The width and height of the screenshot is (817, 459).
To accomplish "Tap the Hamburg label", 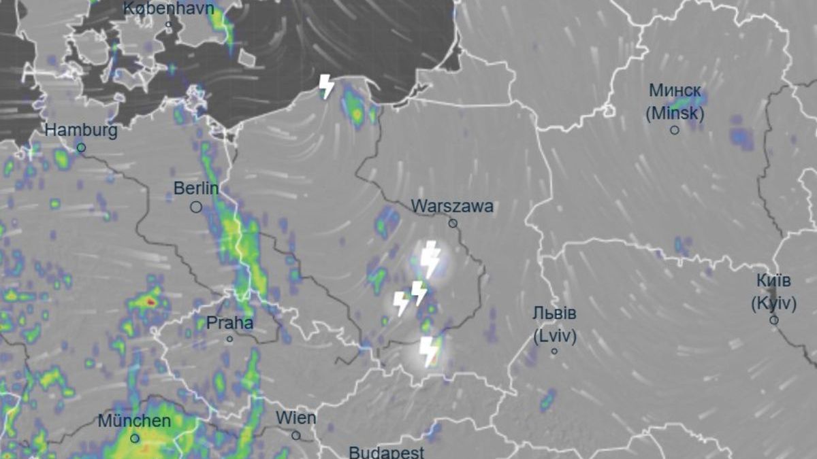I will (81, 130).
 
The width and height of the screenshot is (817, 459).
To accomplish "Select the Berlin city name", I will (196, 188).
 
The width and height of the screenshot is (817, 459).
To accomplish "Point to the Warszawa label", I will (452, 206).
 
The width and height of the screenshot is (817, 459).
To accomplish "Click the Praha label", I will (229, 322).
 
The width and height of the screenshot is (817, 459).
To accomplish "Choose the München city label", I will (134, 421).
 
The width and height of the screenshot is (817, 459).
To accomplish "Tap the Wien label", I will (296, 418).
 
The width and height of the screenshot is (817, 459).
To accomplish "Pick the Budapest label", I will (386, 452).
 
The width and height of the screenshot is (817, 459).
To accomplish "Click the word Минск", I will (675, 90).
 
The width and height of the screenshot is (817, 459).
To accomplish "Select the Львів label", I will (554, 314).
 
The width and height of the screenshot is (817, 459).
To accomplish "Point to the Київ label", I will (773, 281).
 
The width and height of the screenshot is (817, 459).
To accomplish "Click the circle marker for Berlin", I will (196, 207).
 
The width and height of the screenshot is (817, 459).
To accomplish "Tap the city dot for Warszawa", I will (453, 223).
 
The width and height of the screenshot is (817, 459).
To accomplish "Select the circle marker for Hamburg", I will (81, 147).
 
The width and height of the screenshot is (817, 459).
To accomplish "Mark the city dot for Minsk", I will (675, 130).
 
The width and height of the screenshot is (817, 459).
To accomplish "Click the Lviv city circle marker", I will (554, 352).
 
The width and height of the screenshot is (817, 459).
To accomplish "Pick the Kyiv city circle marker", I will (773, 320).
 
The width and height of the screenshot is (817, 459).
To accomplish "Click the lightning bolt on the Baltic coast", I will (327, 86).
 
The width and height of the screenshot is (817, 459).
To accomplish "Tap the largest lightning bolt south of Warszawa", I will (430, 259).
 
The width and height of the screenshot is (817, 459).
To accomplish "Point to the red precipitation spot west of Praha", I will (150, 301).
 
